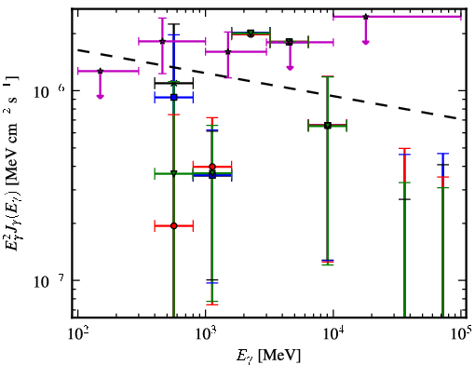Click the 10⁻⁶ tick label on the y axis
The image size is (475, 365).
pos(49,91)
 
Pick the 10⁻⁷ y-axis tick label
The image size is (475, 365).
pos(49,280)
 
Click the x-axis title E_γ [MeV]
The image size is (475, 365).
pos(268,356)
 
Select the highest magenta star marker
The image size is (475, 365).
pos(366,17)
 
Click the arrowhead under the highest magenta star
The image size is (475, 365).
pos(366,42)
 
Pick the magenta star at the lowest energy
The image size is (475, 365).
pos(100,71)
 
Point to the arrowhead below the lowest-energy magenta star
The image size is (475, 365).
pos(100,97)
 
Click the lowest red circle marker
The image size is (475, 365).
pos(174,225)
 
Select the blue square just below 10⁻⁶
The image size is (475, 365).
pos(174,98)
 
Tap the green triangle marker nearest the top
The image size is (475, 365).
pos(251,33)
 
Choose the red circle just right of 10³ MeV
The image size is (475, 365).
pos(212,167)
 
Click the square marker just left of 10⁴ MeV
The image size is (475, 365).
pos(328,126)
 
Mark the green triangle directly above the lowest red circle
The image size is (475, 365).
pos(174,173)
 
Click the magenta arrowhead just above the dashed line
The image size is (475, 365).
pos(290,68)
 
